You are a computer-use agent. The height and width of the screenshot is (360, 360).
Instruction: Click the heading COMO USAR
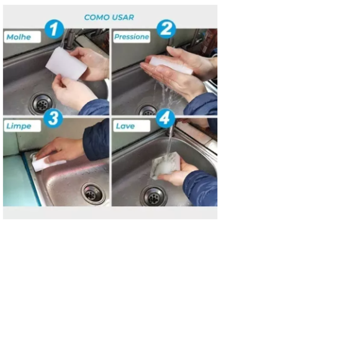pyautogui.click(x=109, y=17)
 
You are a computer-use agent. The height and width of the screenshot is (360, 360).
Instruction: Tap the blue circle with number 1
pyautogui.click(x=54, y=29)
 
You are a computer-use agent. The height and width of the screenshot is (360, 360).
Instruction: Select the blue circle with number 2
pyautogui.click(x=166, y=29)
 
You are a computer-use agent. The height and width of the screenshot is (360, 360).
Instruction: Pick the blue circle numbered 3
pyautogui.click(x=53, y=119)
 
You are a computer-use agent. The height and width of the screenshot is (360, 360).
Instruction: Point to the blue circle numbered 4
pyautogui.click(x=165, y=119)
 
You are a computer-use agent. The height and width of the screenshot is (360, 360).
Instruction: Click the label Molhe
pyautogui.click(x=22, y=37)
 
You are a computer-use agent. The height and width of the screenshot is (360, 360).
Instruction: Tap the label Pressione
pyautogui.click(x=132, y=37)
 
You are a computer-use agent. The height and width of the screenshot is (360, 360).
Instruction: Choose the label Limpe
pyautogui.click(x=22, y=126)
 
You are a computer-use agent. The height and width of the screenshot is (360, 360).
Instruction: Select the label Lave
pyautogui.click(x=132, y=126)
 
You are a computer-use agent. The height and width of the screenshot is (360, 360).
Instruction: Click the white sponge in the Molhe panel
pyautogui.click(x=66, y=64)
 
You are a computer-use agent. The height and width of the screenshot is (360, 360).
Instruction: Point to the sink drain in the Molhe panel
pyautogui.click(x=42, y=104)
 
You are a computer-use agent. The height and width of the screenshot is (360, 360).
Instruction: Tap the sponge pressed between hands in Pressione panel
pyautogui.click(x=171, y=65)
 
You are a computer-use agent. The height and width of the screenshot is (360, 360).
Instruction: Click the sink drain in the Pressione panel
pyautogui.click(x=147, y=110)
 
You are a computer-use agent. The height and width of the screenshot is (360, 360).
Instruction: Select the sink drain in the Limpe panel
pyautogui.click(x=94, y=194)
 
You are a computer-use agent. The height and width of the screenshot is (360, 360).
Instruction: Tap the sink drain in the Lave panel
pyautogui.click(x=153, y=196)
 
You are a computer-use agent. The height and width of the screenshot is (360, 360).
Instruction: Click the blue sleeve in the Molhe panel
pyautogui.click(x=94, y=107)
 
